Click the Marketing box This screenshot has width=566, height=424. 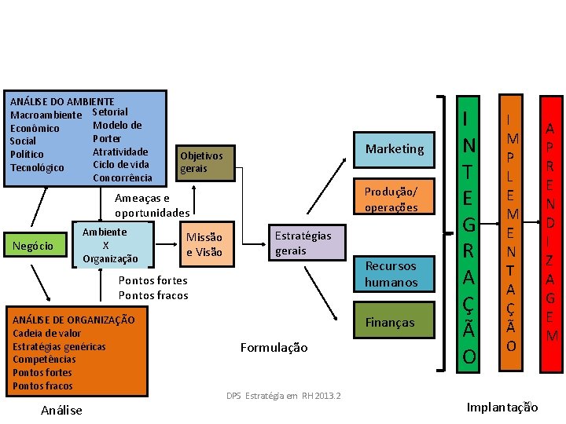tap(394, 149)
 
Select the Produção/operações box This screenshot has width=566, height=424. tap(391, 199)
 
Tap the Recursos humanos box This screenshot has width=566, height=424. tap(391, 274)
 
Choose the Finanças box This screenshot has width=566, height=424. tap(390, 322)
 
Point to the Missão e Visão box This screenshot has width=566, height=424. tap(204, 244)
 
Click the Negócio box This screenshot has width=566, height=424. tap(33, 246)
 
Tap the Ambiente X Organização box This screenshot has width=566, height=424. tap(111, 245)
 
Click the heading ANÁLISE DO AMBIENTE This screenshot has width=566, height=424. tap(62, 102)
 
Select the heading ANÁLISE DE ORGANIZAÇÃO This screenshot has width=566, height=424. tap(74, 320)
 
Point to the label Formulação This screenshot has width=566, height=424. tap(274, 347)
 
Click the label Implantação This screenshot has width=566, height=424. tap(502, 407)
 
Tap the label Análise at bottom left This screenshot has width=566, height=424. tap(61, 410)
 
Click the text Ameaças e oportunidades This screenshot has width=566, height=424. tap(152, 206)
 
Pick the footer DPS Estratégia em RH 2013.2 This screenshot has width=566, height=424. tap(283, 395)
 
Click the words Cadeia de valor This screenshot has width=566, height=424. tap(47, 333)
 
